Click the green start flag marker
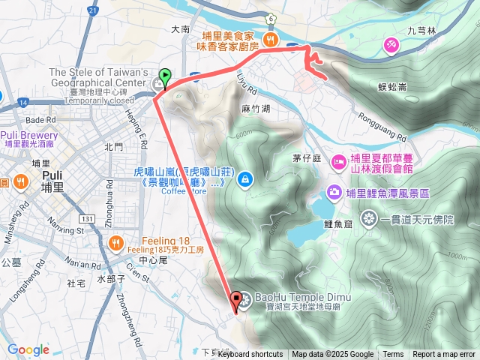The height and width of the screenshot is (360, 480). pyautogui.click(x=165, y=76)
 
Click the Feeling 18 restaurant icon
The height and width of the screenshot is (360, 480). pyautogui.click(x=115, y=241)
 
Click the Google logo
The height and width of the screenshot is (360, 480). pyautogui.click(x=28, y=349)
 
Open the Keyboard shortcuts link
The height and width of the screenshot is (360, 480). pyautogui.click(x=250, y=355)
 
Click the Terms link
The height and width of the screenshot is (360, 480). pyautogui.click(x=393, y=355)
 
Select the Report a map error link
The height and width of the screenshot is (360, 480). pyautogui.click(x=444, y=355)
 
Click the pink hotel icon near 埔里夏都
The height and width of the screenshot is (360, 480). pyautogui.click(x=338, y=160)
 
